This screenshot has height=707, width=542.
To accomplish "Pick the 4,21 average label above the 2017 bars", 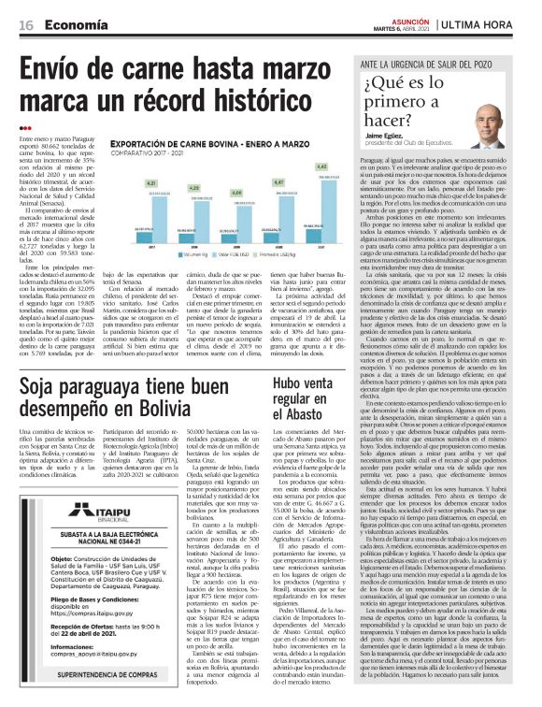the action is [x=150, y=184].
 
